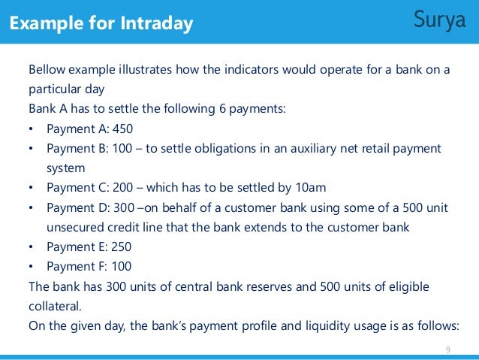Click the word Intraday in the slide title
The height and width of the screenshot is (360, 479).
click(155, 24)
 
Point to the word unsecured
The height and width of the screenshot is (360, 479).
click(70, 228)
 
